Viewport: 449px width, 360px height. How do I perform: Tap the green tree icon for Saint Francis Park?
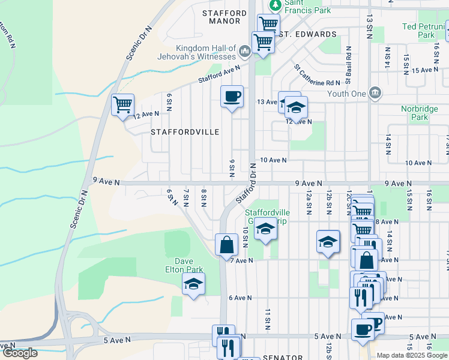tap(276, 5)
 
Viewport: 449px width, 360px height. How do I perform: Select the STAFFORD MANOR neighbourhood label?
tap(224, 17)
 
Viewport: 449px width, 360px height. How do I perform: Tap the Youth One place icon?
tap(375, 93)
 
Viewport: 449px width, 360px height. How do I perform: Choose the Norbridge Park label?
tap(423, 113)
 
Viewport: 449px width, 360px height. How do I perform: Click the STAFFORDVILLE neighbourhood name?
tap(185, 131)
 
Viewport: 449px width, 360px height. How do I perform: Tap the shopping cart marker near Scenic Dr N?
tap(123, 105)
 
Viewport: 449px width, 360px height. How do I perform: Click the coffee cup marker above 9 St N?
tap(232, 96)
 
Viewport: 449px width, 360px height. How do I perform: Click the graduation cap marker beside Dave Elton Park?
tap(193, 284)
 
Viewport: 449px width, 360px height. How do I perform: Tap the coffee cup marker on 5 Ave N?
tap(363, 329)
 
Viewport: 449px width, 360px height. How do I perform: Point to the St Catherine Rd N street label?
tap(317, 76)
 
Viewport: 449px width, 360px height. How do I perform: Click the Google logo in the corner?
tap(19, 353)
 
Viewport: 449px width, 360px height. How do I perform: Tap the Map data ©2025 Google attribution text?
tap(411, 355)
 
